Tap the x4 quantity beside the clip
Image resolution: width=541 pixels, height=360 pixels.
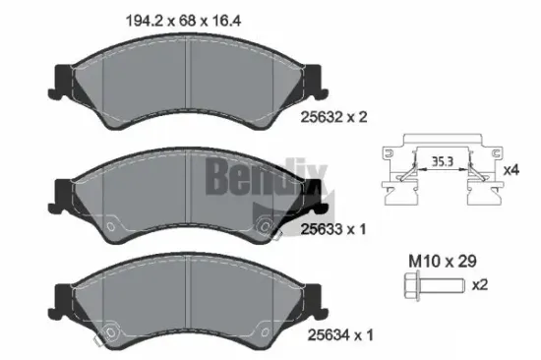click(x=510, y=169)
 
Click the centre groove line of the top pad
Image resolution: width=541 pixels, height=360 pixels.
click(x=188, y=74)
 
